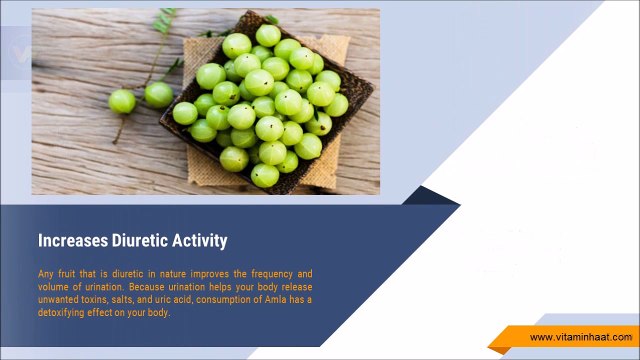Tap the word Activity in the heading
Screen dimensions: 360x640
(x=198, y=241)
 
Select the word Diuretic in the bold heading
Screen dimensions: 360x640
(x=136, y=241)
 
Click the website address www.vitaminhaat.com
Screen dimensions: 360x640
(x=580, y=338)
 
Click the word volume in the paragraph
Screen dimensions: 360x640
(x=53, y=287)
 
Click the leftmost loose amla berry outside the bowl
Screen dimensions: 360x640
(x=121, y=101)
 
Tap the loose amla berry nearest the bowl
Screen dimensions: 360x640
(x=158, y=95)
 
